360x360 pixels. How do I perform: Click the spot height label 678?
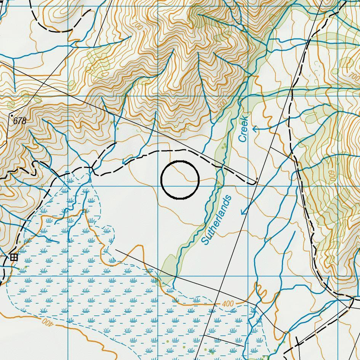click(x=20, y=121)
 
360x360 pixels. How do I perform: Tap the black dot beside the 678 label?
click(x=12, y=115)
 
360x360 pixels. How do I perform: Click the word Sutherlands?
click(x=216, y=220)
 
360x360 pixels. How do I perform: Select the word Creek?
click(x=243, y=130)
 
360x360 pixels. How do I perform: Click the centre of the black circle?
click(x=180, y=180)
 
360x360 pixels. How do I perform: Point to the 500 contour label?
click(x=222, y=105)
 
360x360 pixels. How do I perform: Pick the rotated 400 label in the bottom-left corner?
click(x=46, y=322)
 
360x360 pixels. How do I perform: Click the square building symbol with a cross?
click(x=14, y=257)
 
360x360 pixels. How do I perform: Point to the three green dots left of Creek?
click(x=225, y=146)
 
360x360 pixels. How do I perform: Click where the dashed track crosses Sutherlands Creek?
click(x=220, y=168)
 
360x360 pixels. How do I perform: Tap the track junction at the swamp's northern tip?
click(x=91, y=168)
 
